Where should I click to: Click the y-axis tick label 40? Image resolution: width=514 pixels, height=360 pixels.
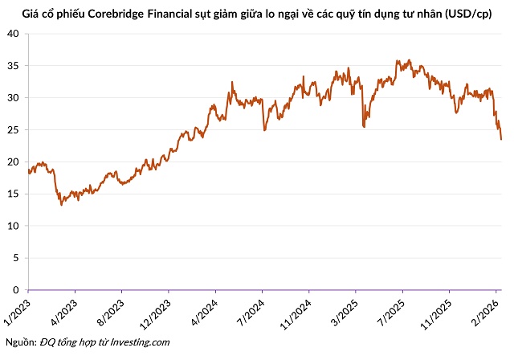coord(13,34)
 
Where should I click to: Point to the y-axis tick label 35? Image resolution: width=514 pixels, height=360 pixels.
coord(13,66)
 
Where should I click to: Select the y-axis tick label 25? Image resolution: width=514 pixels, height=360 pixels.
coord(13,130)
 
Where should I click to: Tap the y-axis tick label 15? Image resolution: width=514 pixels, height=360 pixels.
coord(13,194)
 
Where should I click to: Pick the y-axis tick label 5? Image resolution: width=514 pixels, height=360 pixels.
coord(16,258)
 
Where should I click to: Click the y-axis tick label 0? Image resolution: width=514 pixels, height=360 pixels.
coord(16,290)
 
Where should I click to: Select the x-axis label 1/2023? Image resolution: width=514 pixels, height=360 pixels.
coord(18,312)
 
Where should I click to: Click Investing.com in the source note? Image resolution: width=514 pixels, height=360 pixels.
coord(140,342)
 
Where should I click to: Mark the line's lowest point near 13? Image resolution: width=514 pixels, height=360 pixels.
coord(61,205)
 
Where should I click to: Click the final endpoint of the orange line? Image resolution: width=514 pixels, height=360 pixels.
coord(501,139)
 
